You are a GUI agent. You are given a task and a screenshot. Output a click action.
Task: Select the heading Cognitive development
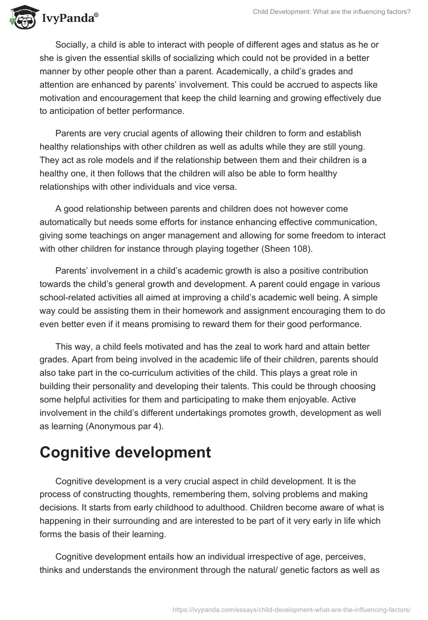[125, 452]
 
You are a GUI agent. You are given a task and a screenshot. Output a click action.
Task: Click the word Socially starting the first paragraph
[73, 44]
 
